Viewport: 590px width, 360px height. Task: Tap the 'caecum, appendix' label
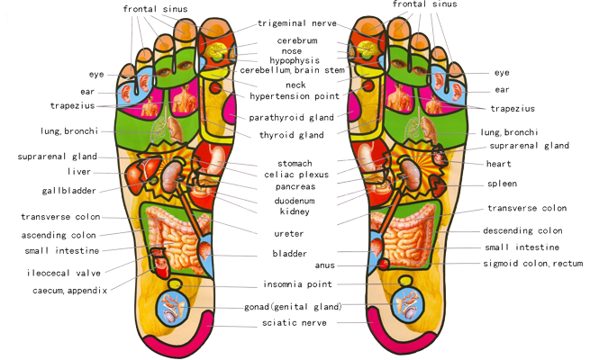pyautogui.click(x=70, y=290)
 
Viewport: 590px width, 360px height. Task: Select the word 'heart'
pyautogui.click(x=498, y=164)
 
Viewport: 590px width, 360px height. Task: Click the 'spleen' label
pyautogui.click(x=502, y=184)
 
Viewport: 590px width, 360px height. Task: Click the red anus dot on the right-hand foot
pyautogui.click(x=384, y=264)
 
